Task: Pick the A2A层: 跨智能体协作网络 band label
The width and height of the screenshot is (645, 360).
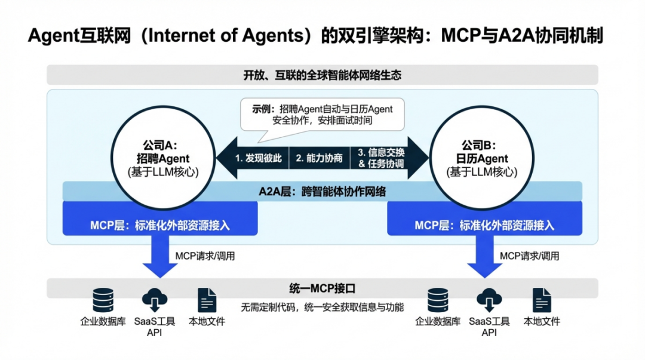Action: [322, 192]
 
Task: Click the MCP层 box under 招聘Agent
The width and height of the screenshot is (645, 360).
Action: [160, 226]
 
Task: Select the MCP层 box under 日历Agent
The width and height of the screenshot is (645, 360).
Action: [484, 226]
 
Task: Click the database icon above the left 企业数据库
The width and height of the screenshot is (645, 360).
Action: [103, 300]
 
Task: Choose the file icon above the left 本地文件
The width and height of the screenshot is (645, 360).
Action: [207, 300]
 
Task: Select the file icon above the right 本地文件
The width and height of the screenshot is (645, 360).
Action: [542, 300]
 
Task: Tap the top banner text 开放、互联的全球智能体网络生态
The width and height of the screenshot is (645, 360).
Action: [322, 75]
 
